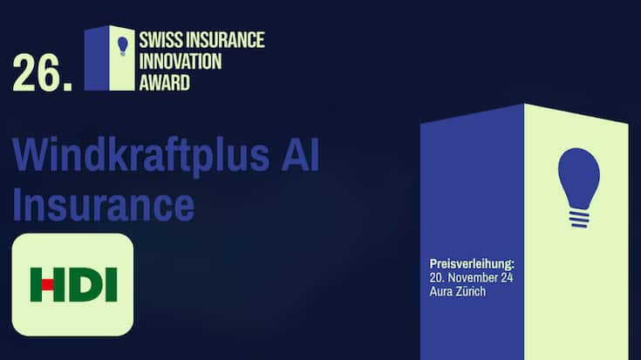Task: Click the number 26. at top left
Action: click(42, 75)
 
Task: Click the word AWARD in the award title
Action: click(164, 84)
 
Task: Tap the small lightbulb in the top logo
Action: click(122, 44)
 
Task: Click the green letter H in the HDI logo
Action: click(48, 284)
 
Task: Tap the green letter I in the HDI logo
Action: click(112, 284)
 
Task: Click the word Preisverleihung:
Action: click(472, 263)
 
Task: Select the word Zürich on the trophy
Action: click(472, 291)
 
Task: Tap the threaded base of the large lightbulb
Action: click(578, 216)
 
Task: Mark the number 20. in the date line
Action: click(438, 277)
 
